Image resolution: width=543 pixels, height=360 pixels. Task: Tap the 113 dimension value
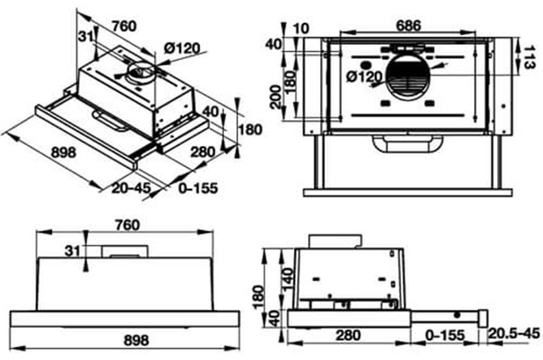tap(530, 56)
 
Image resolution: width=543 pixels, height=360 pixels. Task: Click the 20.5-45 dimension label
tap(513, 334)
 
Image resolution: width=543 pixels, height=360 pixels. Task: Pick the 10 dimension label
tap(302, 27)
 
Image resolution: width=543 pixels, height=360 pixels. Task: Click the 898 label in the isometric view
tap(63, 153)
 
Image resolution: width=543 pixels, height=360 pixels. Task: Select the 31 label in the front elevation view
tap(72, 251)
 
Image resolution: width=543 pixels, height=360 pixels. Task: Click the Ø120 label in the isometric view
tap(182, 47)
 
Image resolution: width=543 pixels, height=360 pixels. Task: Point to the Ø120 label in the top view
tap(363, 77)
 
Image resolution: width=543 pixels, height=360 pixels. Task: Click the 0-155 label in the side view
tap(445, 334)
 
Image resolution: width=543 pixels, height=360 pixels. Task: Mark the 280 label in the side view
tap(348, 334)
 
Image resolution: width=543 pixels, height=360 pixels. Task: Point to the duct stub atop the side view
tap(335, 241)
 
